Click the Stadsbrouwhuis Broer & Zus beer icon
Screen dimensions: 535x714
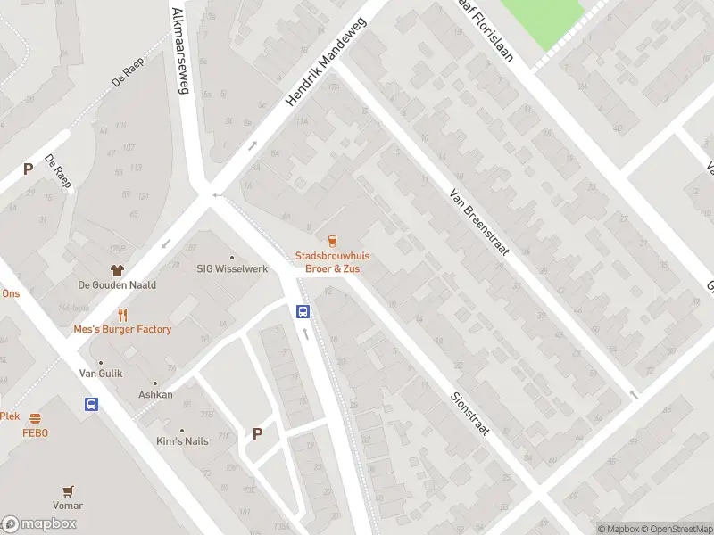coord(332,240)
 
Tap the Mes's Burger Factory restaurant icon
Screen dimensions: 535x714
coord(123,314)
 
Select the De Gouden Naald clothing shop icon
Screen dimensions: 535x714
coord(116,269)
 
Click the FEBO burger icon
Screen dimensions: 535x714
coord(36,418)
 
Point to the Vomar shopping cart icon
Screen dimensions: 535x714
coord(68,490)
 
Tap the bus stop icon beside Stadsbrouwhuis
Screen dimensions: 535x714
coord(303,311)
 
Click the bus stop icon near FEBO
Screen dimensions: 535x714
coord(91,404)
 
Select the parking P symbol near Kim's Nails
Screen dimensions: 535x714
coord(257,434)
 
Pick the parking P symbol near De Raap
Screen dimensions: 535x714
coord(28,168)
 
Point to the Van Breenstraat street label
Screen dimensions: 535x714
coord(479,221)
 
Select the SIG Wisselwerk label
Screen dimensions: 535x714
coord(232,269)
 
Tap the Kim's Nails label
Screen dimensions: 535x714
coord(182,442)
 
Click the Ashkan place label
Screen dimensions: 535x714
coord(155,394)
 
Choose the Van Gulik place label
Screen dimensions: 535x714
coord(101,374)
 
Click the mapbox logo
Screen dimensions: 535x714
coord(39,523)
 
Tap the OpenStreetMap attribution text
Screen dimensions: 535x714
coord(676,529)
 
